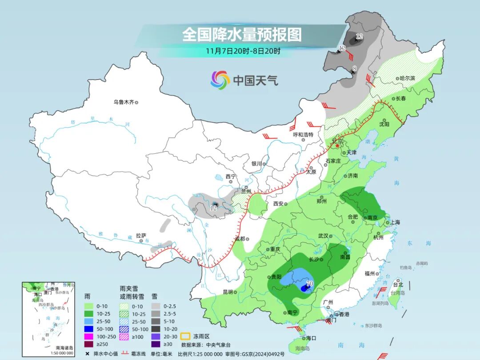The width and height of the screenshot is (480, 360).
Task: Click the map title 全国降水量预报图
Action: click(x=242, y=34)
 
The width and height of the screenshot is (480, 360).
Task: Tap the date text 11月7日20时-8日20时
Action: click(x=243, y=51)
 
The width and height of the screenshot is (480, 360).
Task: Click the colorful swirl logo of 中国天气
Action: click(x=220, y=80)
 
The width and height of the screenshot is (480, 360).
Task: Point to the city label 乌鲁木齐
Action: click(x=123, y=102)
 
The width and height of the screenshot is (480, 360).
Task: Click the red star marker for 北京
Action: click(x=337, y=145)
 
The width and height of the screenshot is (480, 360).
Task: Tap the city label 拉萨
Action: click(x=141, y=236)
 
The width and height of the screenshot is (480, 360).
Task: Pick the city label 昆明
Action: click(x=228, y=292)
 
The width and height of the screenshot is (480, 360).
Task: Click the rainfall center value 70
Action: click(x=310, y=283)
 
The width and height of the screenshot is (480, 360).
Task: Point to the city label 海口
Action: click(x=311, y=338)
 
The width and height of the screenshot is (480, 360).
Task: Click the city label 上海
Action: click(x=395, y=222)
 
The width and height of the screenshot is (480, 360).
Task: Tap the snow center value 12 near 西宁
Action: click(x=214, y=208)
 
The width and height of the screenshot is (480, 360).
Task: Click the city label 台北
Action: click(x=398, y=284)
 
